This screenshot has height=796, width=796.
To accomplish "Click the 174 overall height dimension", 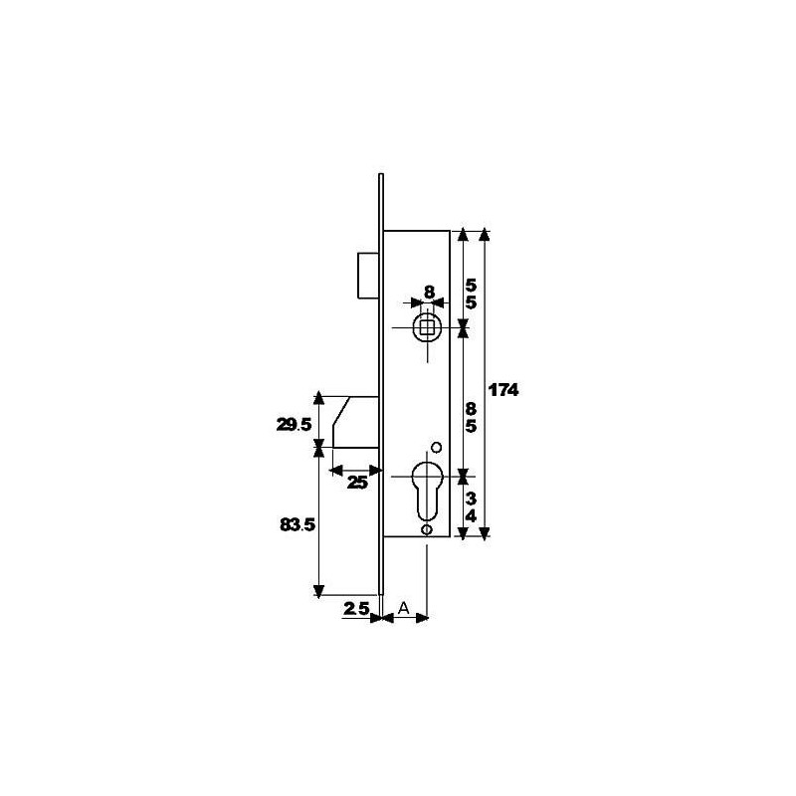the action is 503,390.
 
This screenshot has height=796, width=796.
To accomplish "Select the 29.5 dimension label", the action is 294,425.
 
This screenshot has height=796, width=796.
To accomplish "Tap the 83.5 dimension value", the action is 298,525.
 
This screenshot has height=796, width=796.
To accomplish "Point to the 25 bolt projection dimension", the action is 357,483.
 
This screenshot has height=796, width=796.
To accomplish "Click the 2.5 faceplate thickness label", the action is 356,609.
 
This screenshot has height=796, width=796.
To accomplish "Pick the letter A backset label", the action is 404,608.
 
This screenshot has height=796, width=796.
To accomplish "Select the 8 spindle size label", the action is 429,292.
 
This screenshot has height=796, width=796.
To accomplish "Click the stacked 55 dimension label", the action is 471,295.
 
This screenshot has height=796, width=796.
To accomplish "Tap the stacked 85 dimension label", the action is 471,418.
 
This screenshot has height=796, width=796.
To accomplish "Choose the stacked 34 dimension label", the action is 471,508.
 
